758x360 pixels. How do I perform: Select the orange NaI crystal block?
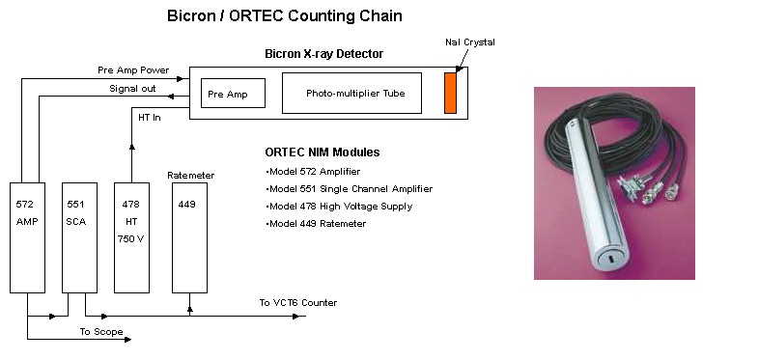coord(450,93)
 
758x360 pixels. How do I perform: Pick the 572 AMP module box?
coord(27,236)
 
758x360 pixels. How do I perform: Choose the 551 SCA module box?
coord(79,236)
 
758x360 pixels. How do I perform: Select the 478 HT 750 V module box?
coord(131,236)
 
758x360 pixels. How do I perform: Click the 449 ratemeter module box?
coord(188,236)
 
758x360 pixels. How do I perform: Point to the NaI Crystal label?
coord(471,42)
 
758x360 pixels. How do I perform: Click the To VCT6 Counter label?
coord(297,302)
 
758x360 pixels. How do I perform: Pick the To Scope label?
coord(101,331)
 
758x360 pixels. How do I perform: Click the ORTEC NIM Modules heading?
coord(322,152)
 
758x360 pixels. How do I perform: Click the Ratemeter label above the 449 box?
coord(190,175)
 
